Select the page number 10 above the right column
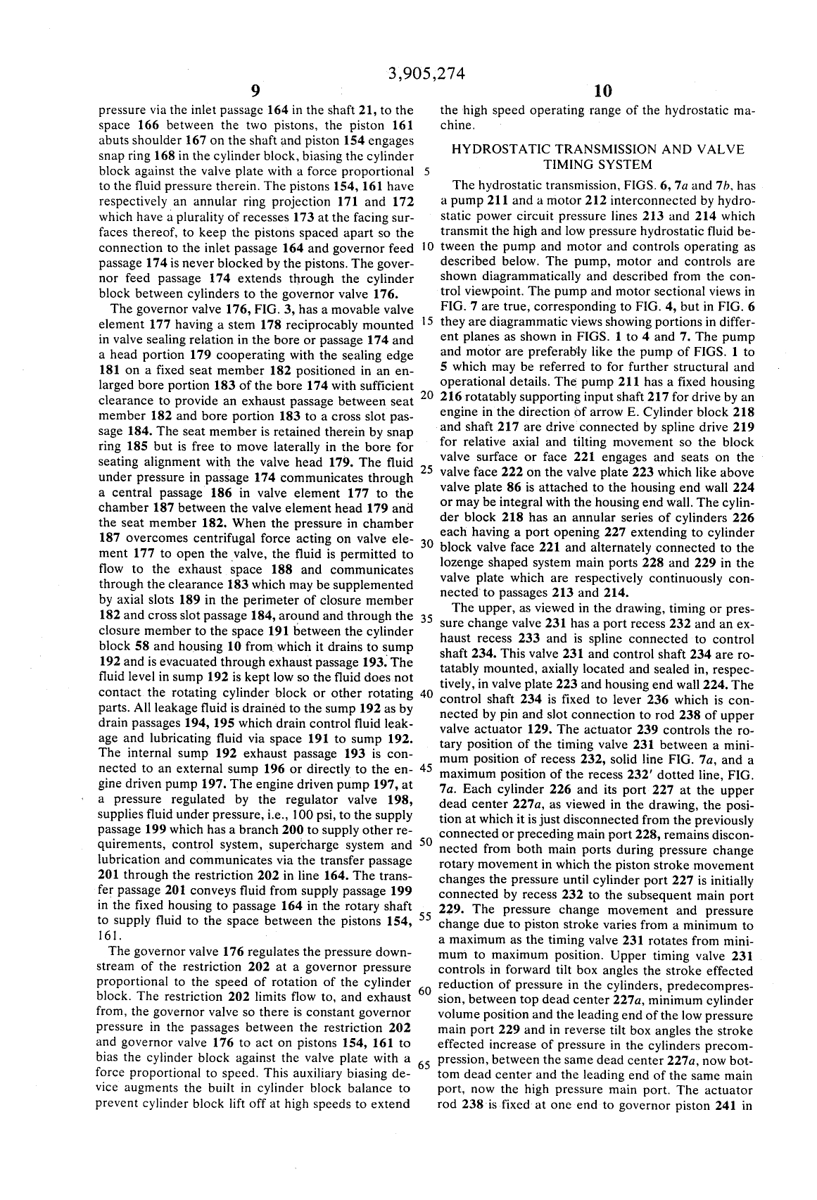[603, 91]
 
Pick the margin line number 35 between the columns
[425, 619]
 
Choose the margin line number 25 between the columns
[425, 470]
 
